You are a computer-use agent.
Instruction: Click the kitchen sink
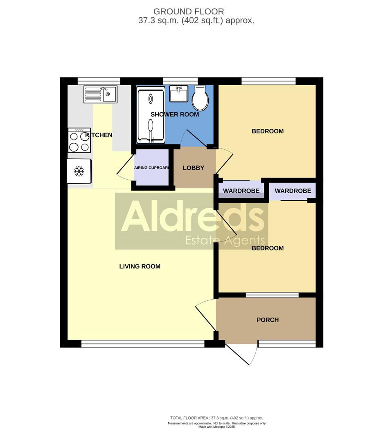[100, 94]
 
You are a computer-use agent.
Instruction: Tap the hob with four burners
[79, 140]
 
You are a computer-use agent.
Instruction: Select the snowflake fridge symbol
[79, 171]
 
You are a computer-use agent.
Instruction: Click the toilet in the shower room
[201, 98]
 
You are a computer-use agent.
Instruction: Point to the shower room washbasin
[178, 94]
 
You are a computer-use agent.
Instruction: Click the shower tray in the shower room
[151, 116]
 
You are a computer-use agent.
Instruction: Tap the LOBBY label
[194, 168]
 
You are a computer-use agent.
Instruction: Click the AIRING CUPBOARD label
[151, 168]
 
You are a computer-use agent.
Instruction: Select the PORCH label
[268, 320]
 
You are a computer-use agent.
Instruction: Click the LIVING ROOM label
[140, 266]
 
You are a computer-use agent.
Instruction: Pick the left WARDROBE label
[241, 191]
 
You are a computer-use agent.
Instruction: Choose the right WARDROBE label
[293, 191]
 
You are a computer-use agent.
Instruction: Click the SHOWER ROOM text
[175, 115]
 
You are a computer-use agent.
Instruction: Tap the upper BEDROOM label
[268, 131]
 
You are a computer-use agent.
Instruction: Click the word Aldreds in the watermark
[192, 216]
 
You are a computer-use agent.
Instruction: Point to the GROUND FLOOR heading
[189, 12]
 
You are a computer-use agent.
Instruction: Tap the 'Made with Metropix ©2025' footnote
[216, 427]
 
